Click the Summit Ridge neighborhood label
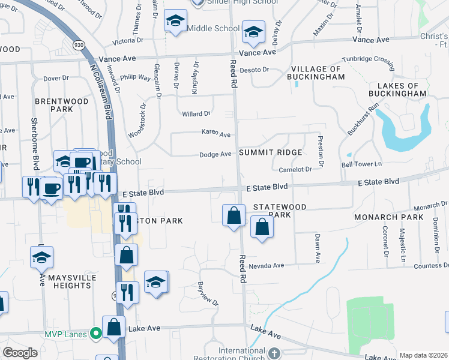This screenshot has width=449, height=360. tap(270, 152)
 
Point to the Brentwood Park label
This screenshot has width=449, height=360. tap(62, 106)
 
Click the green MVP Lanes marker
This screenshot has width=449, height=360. tap(95, 333)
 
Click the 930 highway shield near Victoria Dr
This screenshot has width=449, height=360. tap(79, 45)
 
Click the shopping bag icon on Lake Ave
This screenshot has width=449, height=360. tap(113, 327)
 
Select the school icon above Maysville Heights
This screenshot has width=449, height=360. tap(41, 257)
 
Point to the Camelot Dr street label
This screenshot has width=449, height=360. tap(295, 170)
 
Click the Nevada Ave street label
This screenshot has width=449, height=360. tap(270, 265)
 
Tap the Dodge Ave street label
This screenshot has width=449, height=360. tap(215, 154)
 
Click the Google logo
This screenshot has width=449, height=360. tap(20, 353)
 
